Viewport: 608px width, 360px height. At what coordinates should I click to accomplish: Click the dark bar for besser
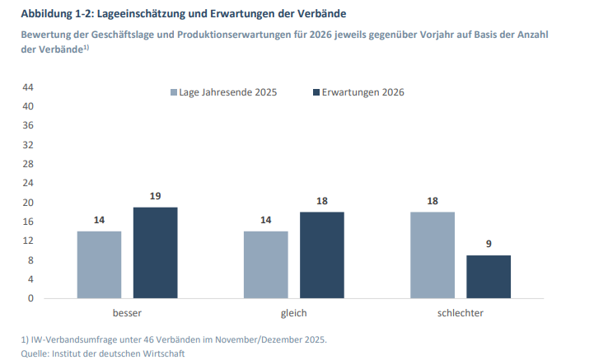(155, 252)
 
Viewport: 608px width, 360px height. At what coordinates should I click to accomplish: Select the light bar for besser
(99, 264)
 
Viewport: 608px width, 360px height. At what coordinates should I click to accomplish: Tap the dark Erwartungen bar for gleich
(321, 255)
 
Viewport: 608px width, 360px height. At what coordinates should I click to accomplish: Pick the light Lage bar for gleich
(265, 264)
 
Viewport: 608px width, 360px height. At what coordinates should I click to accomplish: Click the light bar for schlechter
(433, 255)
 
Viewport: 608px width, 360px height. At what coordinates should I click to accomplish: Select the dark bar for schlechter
(489, 277)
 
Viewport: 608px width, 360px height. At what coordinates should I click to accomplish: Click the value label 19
(155, 196)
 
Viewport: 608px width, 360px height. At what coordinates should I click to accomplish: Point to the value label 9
(489, 245)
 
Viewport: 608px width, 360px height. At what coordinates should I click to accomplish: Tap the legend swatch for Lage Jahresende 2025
(174, 92)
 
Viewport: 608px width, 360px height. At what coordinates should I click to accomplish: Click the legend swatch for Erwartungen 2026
(316, 92)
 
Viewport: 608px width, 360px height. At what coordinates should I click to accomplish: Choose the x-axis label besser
(127, 314)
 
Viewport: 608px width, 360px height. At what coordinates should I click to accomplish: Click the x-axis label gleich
(293, 314)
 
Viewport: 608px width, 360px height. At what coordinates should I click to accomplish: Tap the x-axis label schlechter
(461, 314)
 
